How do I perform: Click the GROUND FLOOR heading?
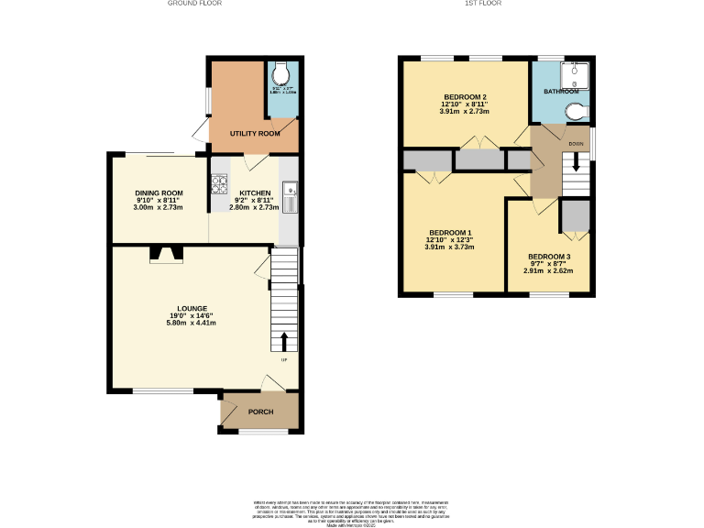(194, 4)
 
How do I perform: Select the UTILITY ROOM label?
(255, 134)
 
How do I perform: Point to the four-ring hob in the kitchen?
(219, 185)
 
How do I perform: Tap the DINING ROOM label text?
(159, 192)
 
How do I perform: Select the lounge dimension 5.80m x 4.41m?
(192, 323)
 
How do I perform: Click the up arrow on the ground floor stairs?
(283, 342)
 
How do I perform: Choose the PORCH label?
(261, 412)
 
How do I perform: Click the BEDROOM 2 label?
(465, 97)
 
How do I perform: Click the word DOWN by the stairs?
(576, 144)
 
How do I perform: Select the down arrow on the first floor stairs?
(576, 162)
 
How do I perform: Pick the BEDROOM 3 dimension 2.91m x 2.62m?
(549, 271)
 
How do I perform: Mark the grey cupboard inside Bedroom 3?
(575, 216)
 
